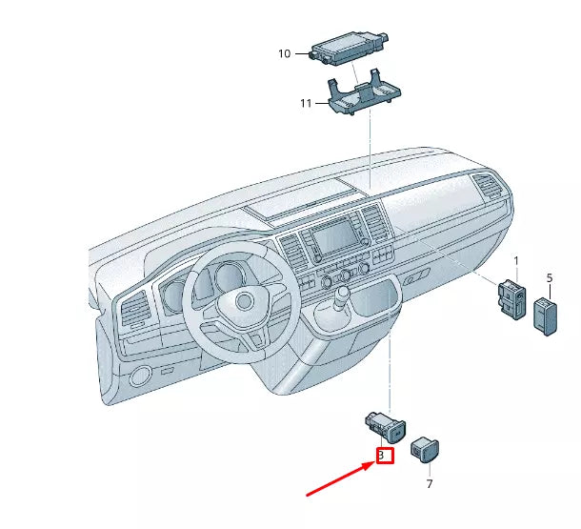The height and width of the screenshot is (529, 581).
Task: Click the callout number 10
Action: click(284, 53)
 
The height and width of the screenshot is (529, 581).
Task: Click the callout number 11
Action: click(306, 103)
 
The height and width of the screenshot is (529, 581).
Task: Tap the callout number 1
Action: click(516, 260)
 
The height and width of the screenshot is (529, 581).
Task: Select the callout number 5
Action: click(549, 277)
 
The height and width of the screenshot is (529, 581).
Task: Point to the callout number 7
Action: click(429, 484)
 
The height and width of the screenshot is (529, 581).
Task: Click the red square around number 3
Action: click(384, 456)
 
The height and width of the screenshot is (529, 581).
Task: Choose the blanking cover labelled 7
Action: click(423, 448)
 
